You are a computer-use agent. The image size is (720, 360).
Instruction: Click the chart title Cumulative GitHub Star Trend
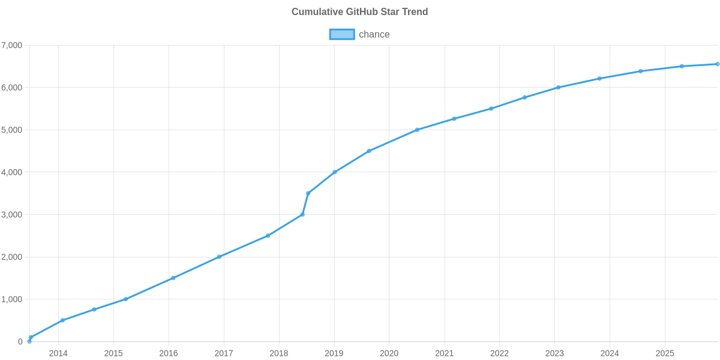359,12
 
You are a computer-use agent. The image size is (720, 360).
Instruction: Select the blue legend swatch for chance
341,34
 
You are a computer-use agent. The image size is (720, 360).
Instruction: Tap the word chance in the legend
374,34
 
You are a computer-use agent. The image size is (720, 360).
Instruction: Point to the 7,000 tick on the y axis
12,46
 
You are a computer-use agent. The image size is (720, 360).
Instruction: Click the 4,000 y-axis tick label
12,172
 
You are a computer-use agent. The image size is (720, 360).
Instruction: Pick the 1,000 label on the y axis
12,299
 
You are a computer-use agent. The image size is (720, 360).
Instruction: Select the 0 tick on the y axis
20,342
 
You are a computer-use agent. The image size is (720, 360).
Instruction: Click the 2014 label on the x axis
58,353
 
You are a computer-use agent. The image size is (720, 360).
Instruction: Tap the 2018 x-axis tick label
279,353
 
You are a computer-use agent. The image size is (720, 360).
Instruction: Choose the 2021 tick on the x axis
444,353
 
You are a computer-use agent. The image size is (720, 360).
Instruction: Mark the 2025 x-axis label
665,353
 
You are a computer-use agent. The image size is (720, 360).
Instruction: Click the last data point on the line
718,64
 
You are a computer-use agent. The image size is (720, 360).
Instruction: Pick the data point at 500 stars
62,320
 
